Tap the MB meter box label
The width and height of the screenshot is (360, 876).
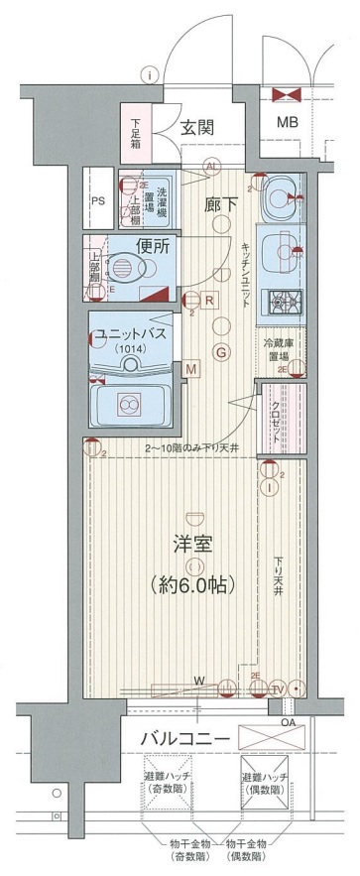tap(287, 123)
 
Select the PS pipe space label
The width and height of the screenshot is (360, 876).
tap(97, 199)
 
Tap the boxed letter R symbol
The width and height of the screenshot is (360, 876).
tap(210, 300)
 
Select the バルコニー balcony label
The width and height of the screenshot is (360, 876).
tap(185, 740)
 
